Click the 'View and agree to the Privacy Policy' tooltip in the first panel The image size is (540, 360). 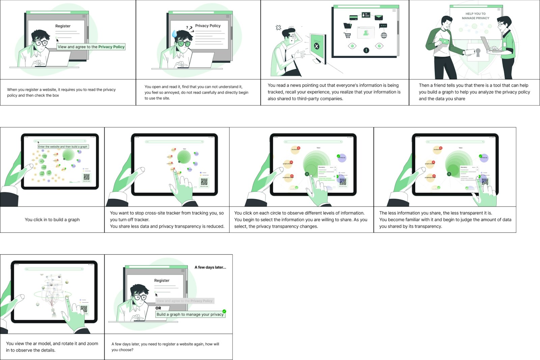pos(91,47)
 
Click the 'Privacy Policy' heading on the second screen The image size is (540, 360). pos(208,26)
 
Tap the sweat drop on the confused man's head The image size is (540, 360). pos(174,34)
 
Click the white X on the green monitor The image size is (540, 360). pos(317,46)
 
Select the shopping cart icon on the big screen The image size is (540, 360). pos(347,35)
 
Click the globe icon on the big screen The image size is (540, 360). pos(384,35)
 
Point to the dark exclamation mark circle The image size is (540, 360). pos(366,50)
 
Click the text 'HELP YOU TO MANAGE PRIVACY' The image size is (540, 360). pos(475,16)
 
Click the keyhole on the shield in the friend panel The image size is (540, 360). pos(478,52)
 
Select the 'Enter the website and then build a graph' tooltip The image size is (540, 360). pos(63,147)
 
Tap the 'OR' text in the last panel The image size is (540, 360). pos(158,308)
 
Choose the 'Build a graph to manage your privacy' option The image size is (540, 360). pos(190,314)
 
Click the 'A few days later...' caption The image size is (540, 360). pos(210,267)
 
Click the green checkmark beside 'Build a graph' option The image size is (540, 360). pos(224,311)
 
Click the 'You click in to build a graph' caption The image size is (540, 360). pos(52,220)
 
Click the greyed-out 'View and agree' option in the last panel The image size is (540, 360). pos(184,301)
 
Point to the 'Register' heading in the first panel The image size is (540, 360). pos(63,26)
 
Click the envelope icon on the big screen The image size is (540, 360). pos(379,18)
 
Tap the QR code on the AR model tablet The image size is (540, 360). pos(84,309)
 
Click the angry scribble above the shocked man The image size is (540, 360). pos(278,28)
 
